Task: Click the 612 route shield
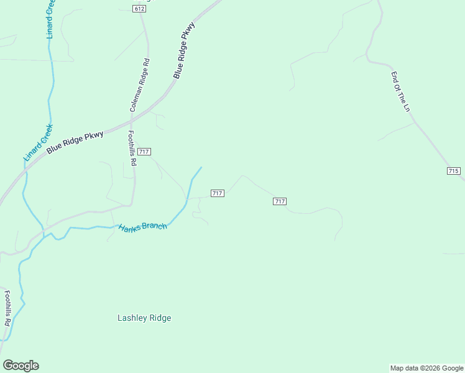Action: click(x=139, y=8)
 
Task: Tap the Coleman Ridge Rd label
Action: click(x=139, y=86)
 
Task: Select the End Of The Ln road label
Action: click(x=401, y=91)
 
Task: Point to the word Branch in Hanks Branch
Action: click(x=155, y=226)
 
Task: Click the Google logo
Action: click(x=21, y=366)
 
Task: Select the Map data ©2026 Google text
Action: click(x=426, y=368)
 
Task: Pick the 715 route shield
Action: click(x=453, y=170)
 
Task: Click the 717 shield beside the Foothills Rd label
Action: click(x=144, y=152)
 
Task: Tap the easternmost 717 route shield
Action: click(x=279, y=201)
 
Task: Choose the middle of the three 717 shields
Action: click(x=217, y=193)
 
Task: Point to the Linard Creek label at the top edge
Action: click(x=50, y=19)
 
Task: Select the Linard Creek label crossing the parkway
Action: click(x=39, y=142)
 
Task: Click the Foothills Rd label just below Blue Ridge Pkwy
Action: click(x=131, y=147)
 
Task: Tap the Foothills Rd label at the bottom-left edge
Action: click(x=7, y=309)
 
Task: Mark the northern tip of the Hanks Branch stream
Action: click(x=201, y=167)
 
